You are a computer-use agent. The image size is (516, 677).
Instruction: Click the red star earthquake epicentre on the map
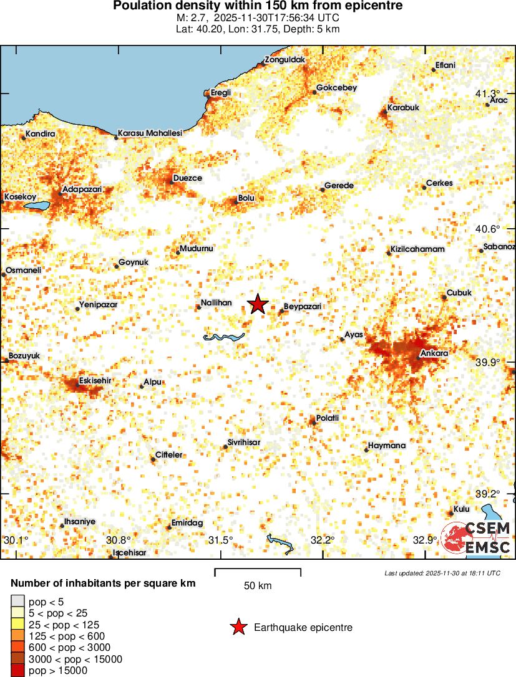click(258, 304)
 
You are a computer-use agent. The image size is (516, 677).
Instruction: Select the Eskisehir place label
click(95, 380)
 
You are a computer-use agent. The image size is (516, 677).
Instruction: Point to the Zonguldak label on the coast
click(285, 60)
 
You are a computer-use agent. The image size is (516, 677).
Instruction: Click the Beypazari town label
click(303, 307)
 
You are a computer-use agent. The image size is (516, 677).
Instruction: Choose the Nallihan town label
click(216, 302)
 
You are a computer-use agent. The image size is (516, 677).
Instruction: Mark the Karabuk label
click(403, 107)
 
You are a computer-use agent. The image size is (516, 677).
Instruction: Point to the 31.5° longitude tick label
click(221, 539)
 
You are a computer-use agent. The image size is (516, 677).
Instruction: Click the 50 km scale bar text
click(258, 585)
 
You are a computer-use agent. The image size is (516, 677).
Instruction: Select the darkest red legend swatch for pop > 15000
click(18, 670)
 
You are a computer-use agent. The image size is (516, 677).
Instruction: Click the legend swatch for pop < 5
click(18, 602)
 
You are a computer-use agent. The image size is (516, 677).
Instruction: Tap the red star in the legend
click(238, 628)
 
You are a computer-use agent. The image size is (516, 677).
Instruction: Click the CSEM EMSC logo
click(477, 537)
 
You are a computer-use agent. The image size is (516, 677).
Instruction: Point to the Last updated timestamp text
click(442, 573)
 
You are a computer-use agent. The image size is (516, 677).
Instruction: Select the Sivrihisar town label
click(243, 442)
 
